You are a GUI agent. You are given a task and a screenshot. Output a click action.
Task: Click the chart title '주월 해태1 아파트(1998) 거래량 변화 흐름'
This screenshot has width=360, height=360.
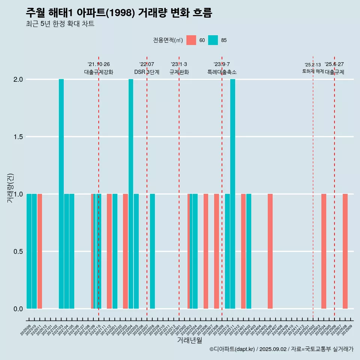(x=119, y=13)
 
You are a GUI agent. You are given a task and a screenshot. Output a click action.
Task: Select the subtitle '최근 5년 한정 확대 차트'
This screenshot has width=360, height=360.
(x=60, y=24)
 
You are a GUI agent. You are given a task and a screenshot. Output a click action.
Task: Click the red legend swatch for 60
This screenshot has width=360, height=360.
(x=191, y=40)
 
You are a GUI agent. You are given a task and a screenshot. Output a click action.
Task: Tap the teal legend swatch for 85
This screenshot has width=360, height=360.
(x=213, y=40)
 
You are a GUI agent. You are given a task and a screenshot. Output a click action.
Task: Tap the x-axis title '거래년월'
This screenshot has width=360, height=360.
(x=189, y=340)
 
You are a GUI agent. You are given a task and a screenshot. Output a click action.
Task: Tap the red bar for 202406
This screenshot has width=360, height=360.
(x=270, y=251)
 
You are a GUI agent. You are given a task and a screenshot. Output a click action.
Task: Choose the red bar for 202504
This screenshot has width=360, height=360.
(x=324, y=251)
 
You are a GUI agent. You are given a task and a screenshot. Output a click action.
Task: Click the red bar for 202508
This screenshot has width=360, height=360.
(x=345, y=251)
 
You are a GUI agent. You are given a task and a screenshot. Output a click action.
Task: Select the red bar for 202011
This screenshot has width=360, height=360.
(x=40, y=251)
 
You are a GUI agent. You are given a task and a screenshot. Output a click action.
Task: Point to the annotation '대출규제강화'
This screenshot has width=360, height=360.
(x=98, y=72)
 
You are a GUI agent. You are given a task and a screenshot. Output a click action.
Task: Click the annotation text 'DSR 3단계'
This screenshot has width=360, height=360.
(x=147, y=72)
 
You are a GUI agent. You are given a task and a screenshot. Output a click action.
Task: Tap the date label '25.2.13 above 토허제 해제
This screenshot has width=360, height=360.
(x=312, y=65)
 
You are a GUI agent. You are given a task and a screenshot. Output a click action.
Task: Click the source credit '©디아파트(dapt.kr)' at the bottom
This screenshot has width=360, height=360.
(x=232, y=349)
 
